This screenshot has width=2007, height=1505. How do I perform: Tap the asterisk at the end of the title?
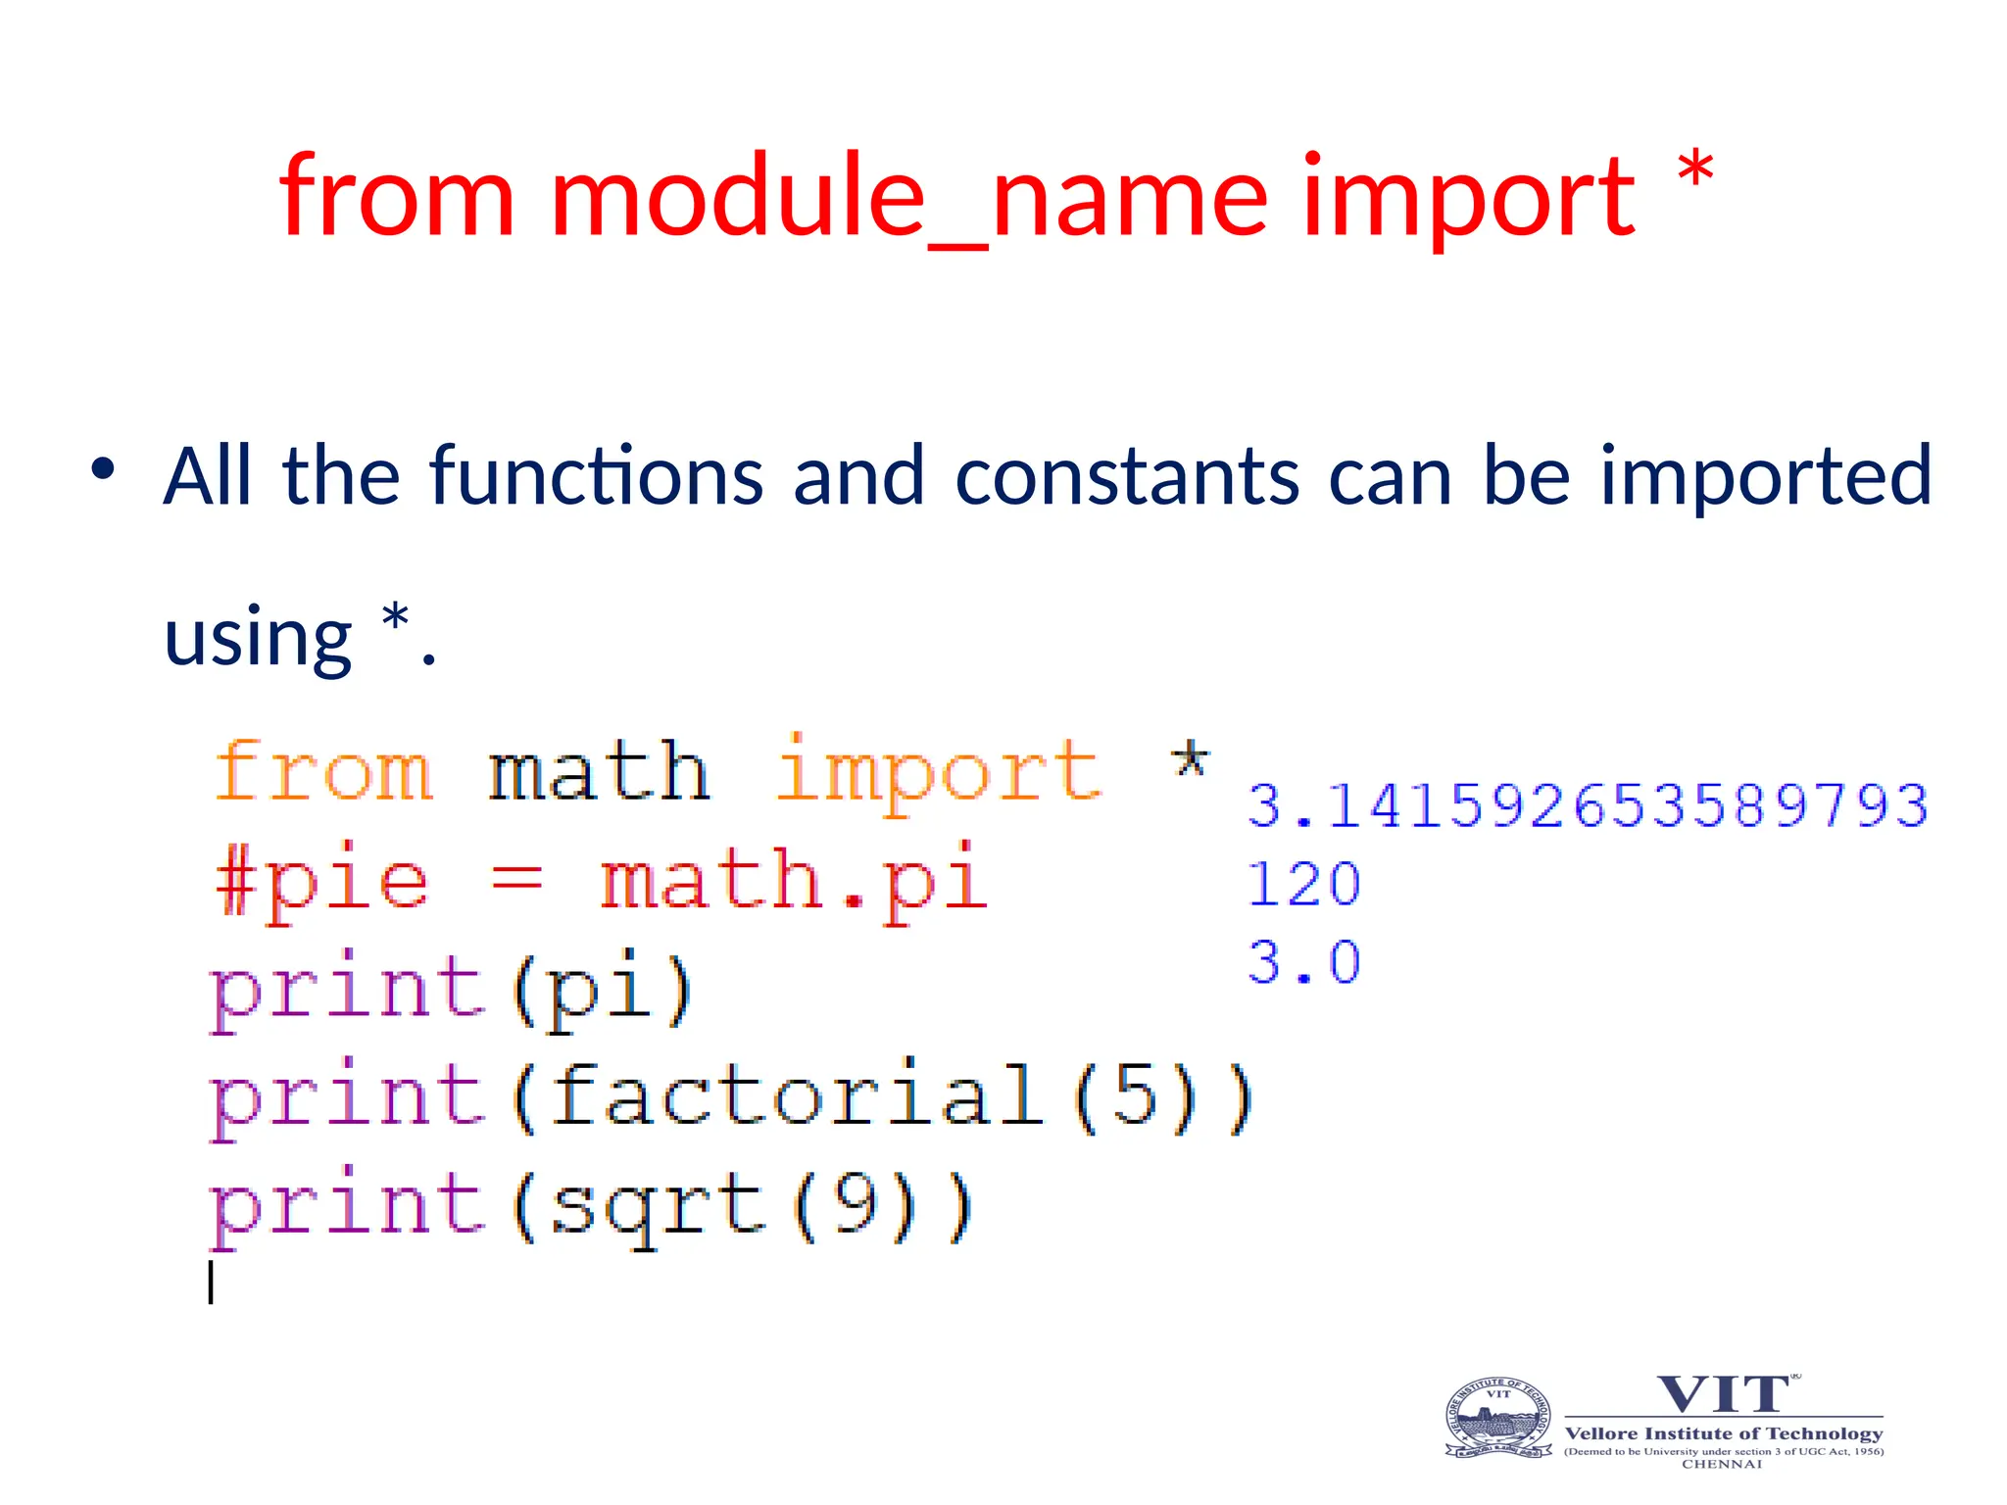click(1694, 173)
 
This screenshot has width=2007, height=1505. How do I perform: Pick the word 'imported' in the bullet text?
click(1765, 478)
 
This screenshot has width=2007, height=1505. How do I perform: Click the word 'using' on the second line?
click(258, 637)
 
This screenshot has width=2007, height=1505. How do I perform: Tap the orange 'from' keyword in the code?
click(323, 772)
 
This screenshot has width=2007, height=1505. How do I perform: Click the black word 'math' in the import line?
click(599, 772)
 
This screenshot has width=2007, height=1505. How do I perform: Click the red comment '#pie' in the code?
click(321, 881)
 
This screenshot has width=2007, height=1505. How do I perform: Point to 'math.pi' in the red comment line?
click(793, 881)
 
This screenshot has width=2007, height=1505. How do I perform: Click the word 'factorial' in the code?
click(795, 1095)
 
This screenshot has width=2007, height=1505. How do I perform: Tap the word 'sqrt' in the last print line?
click(656, 1205)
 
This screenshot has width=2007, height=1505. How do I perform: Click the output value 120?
click(1303, 885)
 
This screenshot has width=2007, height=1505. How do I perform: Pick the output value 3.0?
click(1303, 962)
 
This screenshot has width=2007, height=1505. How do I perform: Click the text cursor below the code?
click(211, 1283)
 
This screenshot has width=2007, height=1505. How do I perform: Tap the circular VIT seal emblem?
click(1498, 1418)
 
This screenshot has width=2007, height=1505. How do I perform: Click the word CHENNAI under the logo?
click(1722, 1465)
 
